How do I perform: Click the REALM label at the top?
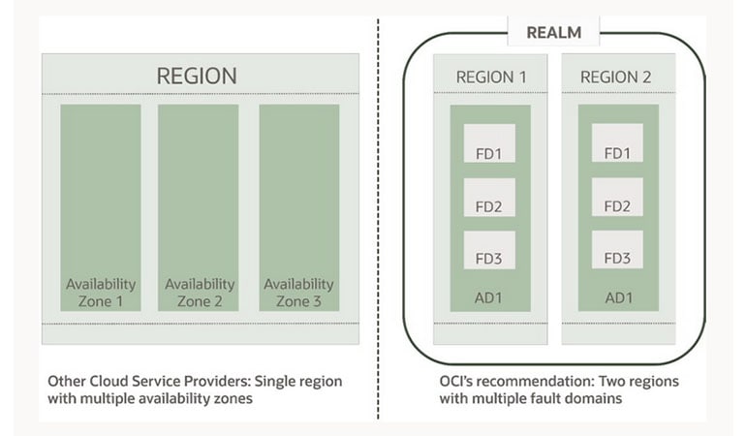(x=553, y=33)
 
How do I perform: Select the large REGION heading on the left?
(x=197, y=75)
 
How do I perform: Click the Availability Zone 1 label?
(x=101, y=292)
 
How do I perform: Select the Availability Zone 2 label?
(x=199, y=292)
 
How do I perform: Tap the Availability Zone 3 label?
(x=298, y=292)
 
